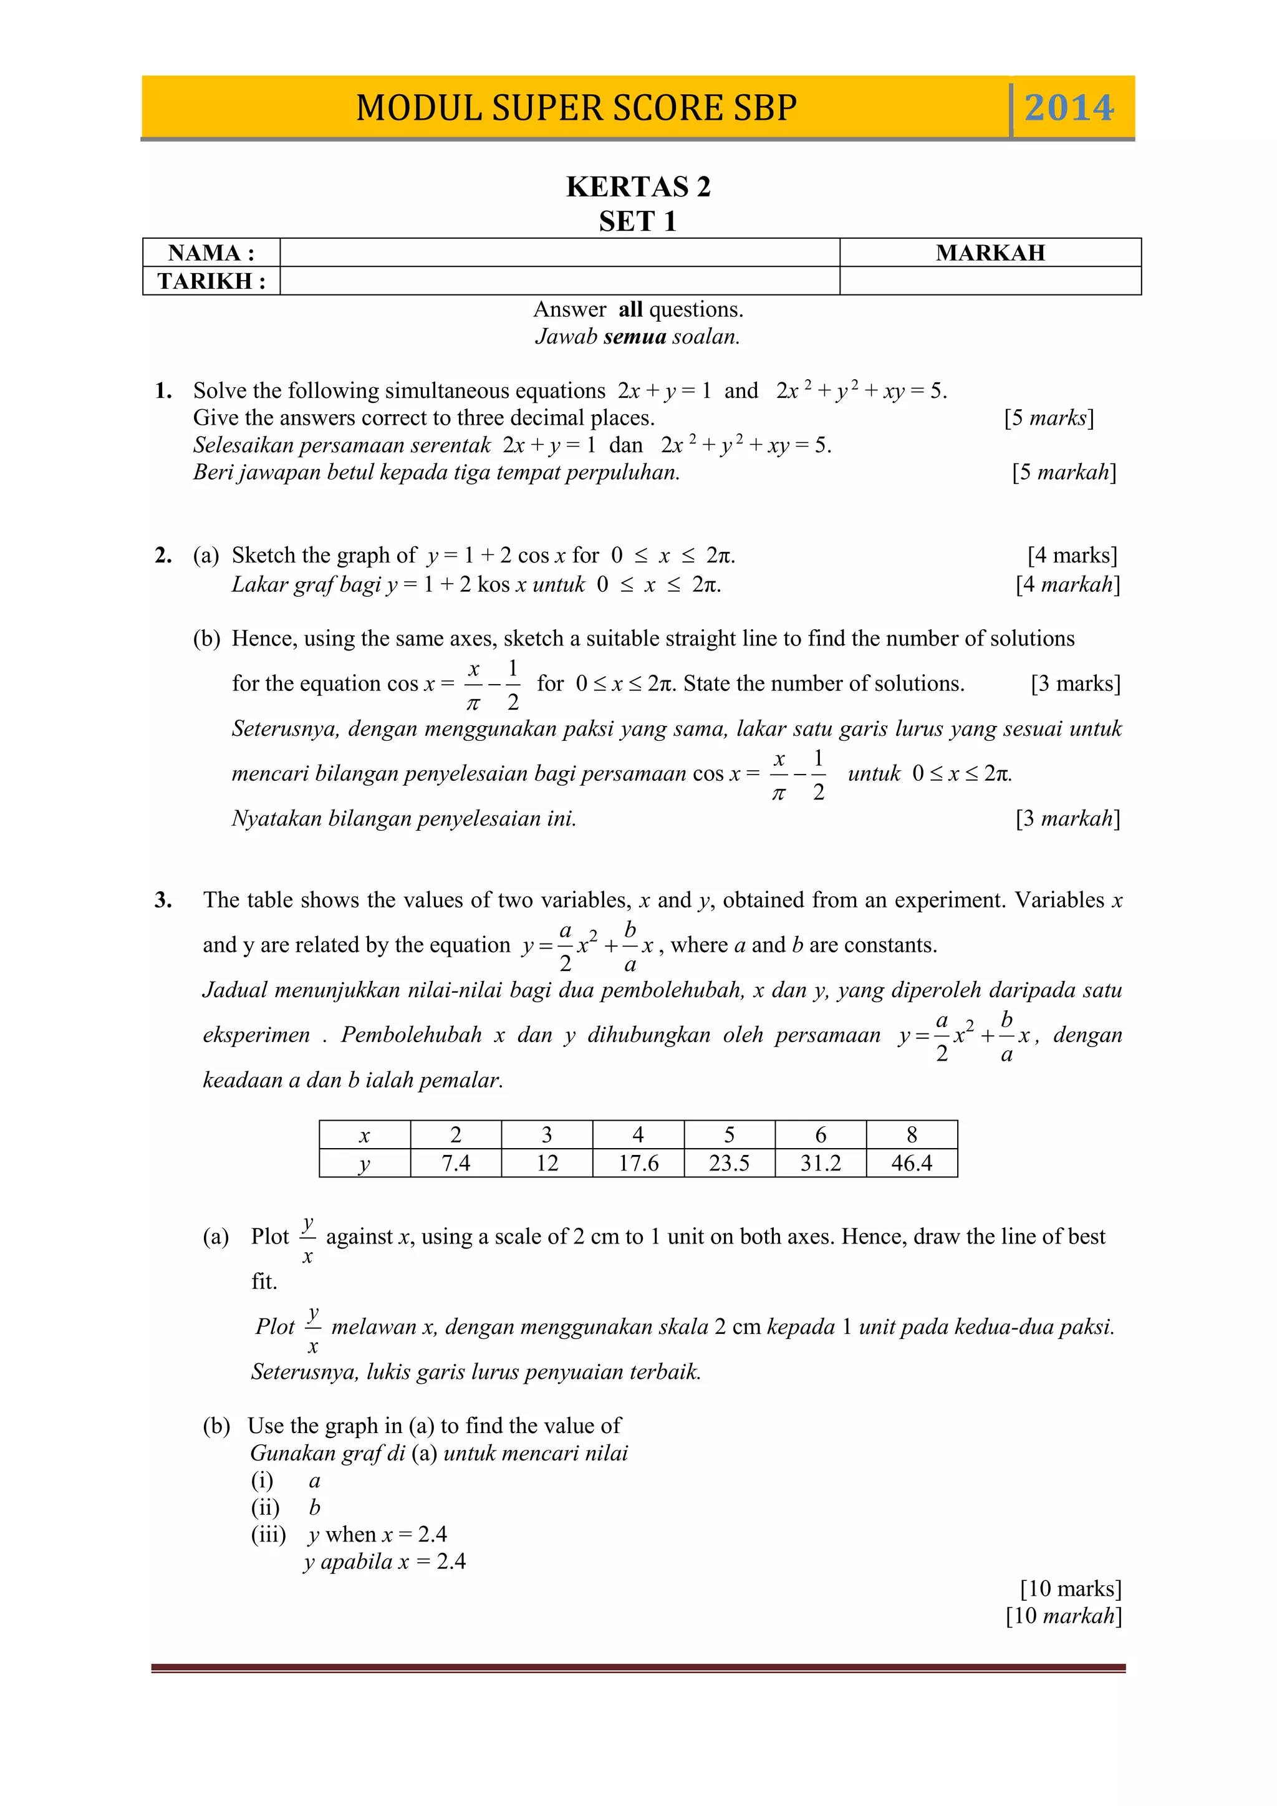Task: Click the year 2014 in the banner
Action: pos(1069,108)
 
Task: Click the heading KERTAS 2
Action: pos(638,187)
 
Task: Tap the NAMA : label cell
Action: pos(211,253)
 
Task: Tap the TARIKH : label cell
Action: pos(211,281)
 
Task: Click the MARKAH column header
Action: pos(990,253)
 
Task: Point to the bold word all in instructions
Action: pos(630,309)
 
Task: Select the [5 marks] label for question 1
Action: pos(1048,418)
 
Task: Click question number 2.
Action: pos(163,555)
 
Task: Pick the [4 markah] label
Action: pos(1067,584)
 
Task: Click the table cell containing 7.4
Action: pos(455,1162)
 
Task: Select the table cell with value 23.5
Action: pos(729,1162)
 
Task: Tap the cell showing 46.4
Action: pos(912,1162)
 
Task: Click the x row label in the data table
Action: pos(364,1135)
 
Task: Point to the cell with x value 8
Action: pos(912,1135)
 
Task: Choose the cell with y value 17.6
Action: pos(638,1162)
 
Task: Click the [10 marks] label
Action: pos(1070,1588)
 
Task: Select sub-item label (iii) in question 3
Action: pos(268,1534)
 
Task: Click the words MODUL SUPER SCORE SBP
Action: pos(576,108)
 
